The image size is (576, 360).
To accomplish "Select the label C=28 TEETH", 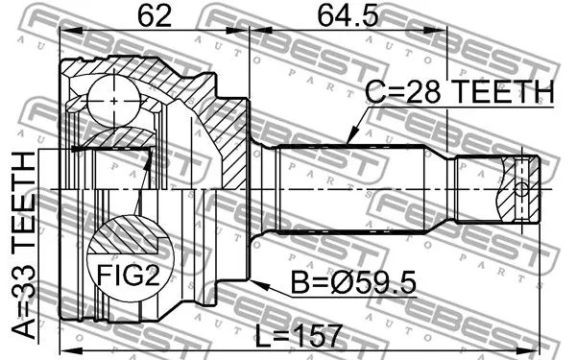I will click(460, 92).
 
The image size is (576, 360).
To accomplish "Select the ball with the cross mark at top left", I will click(113, 98).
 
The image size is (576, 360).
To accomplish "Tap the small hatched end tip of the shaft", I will click(521, 189).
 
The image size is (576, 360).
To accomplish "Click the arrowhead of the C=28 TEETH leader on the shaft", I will click(348, 143).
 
